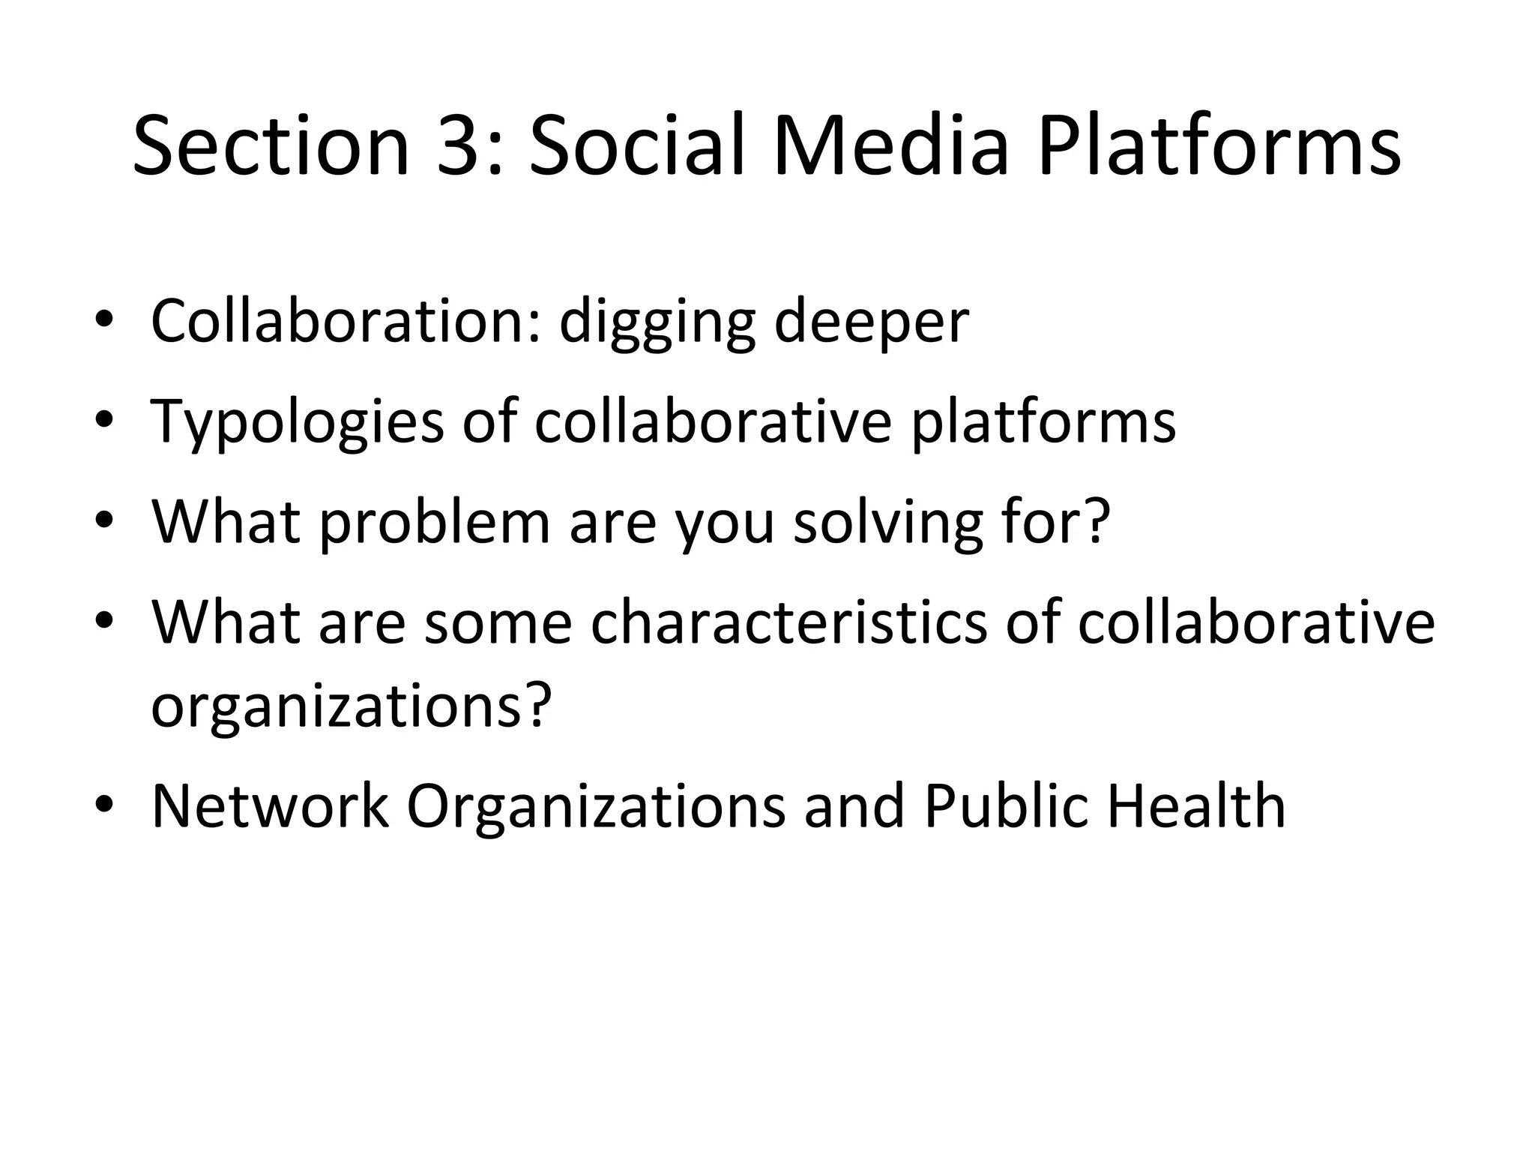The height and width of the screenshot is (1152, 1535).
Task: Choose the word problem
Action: [x=435, y=523]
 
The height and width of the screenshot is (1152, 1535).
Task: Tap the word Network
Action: [x=270, y=806]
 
